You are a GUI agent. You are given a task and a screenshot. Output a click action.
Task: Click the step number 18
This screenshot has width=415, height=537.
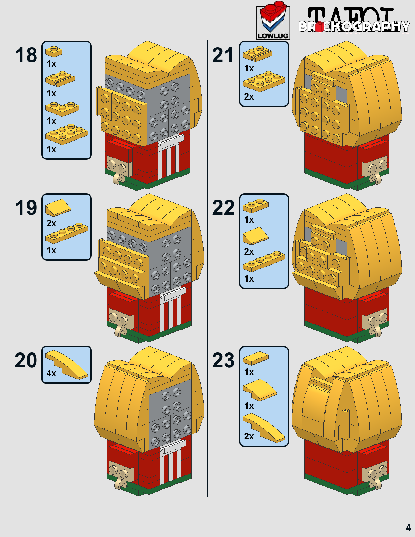[x=26, y=55]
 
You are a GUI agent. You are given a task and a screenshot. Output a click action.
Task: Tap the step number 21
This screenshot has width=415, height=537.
[x=223, y=55]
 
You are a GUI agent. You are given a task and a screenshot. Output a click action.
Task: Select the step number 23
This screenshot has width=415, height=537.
[x=223, y=360]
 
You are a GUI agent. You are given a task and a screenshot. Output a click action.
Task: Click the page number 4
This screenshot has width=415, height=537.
[x=408, y=527]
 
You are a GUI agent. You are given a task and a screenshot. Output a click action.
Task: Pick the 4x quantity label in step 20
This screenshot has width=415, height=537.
[x=51, y=373]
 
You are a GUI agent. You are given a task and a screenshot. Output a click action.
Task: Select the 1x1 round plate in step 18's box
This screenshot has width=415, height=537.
[x=54, y=51]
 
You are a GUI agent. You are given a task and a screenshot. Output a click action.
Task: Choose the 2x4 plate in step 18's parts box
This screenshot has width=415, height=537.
[x=66, y=134]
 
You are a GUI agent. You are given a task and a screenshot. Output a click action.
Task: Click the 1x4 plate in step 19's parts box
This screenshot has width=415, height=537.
[x=66, y=233]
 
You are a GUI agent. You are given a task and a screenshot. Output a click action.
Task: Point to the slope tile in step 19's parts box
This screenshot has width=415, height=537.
[x=58, y=207]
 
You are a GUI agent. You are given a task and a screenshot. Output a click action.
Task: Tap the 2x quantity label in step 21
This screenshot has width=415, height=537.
[x=249, y=97]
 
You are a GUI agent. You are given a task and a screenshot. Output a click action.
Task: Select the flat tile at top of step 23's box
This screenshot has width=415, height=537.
[x=256, y=358]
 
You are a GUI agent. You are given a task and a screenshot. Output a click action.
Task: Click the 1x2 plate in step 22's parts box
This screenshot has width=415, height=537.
[x=256, y=205]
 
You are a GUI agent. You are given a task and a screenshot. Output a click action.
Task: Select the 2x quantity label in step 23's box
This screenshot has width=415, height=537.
[x=249, y=436]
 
